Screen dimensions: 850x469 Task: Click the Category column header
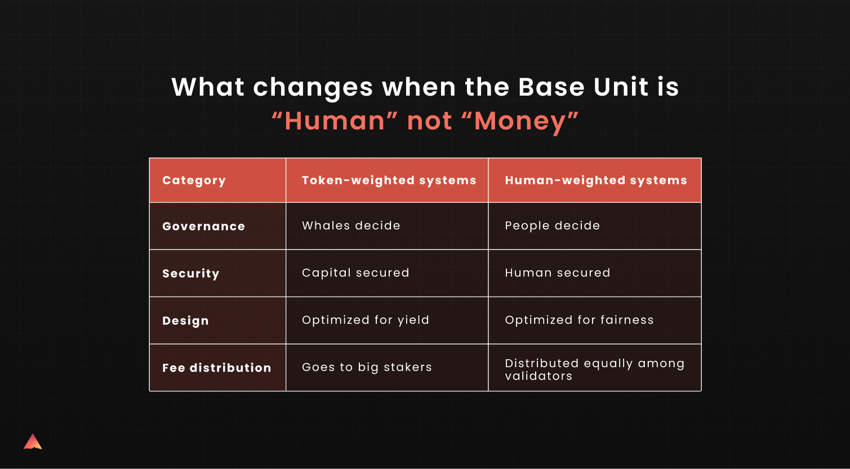[x=194, y=181]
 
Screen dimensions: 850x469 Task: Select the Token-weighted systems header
[x=389, y=181]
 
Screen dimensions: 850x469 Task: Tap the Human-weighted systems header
[x=596, y=181]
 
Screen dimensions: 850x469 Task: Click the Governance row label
[x=204, y=226]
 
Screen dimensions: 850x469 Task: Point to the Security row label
[x=191, y=274]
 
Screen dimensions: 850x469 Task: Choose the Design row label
[x=185, y=321]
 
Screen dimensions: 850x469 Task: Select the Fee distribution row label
[x=217, y=368]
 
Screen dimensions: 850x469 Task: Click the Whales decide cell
[x=351, y=226]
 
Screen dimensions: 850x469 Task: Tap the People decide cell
[x=553, y=226]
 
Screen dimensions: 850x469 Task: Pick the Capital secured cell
[x=355, y=273]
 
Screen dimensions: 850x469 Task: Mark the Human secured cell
[x=558, y=273]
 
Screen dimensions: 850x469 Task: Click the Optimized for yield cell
[x=366, y=320]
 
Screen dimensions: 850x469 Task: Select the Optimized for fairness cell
[x=580, y=320]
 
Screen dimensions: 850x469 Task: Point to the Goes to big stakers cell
[x=367, y=368]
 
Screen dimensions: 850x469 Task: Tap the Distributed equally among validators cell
[x=595, y=370]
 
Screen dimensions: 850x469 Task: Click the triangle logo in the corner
[x=33, y=442]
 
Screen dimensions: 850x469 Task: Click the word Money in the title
[x=520, y=121]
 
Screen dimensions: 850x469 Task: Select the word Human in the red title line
[x=335, y=121]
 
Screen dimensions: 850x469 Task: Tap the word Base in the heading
[x=551, y=87]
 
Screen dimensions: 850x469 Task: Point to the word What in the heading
[x=207, y=87]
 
